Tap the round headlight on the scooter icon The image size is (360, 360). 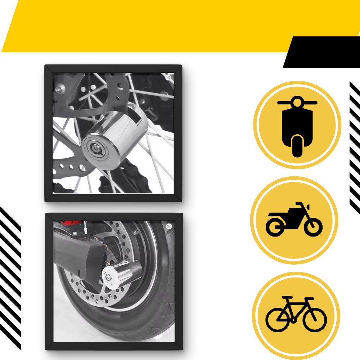[297, 103]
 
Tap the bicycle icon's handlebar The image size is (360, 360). [309, 299]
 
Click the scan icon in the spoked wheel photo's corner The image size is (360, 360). [168, 77]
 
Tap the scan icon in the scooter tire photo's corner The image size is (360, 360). [169, 226]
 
